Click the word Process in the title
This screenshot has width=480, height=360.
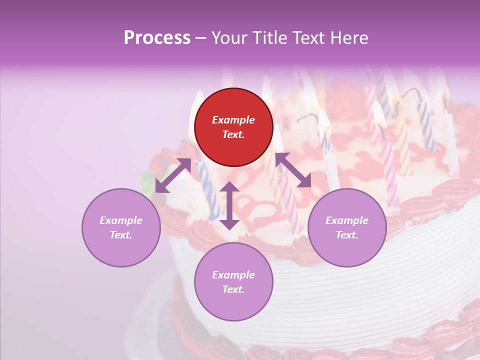point(157,38)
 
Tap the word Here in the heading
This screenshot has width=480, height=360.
point(349,38)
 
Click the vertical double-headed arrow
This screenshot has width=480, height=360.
point(229,205)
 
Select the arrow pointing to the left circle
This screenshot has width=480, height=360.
point(173,175)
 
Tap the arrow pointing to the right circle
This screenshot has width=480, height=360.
point(293,170)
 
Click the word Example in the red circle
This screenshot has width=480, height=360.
point(233,120)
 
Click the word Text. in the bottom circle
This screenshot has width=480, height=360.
point(233,289)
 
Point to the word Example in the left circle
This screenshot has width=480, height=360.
point(121,220)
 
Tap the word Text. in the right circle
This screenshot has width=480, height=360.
point(347,235)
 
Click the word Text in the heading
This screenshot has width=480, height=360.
point(310,38)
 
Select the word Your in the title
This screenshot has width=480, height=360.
point(229,38)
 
